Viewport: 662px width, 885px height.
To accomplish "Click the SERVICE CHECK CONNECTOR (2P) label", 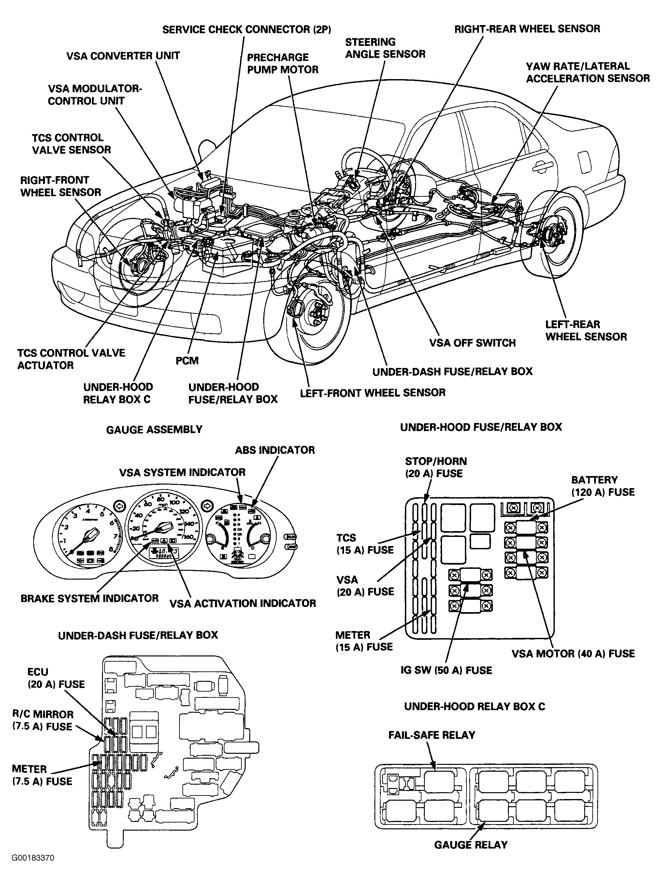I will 247,30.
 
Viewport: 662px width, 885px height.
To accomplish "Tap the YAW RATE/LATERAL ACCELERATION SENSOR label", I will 587,72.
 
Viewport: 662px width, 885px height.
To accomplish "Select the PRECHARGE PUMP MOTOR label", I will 282,63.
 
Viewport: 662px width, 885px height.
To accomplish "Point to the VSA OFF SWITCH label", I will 472,343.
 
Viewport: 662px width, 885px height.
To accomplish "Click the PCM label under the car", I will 187,361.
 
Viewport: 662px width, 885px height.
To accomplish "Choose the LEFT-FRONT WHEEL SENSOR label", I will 372,393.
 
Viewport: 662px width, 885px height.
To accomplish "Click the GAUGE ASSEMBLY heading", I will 154,430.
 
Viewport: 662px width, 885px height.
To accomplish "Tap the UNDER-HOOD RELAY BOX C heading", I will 474,706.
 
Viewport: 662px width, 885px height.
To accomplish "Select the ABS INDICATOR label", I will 275,450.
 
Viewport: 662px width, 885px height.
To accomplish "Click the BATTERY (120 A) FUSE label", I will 602,486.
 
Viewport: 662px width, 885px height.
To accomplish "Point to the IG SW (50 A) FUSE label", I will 446,670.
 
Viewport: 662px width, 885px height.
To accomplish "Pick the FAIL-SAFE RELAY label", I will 431,735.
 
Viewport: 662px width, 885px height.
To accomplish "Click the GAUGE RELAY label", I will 471,845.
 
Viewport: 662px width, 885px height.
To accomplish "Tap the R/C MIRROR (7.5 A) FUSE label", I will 43,721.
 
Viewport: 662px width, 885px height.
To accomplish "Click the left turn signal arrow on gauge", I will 119,506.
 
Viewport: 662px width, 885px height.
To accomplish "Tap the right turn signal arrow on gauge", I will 207,506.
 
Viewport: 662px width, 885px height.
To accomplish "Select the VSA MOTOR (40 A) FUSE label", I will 573,654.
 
